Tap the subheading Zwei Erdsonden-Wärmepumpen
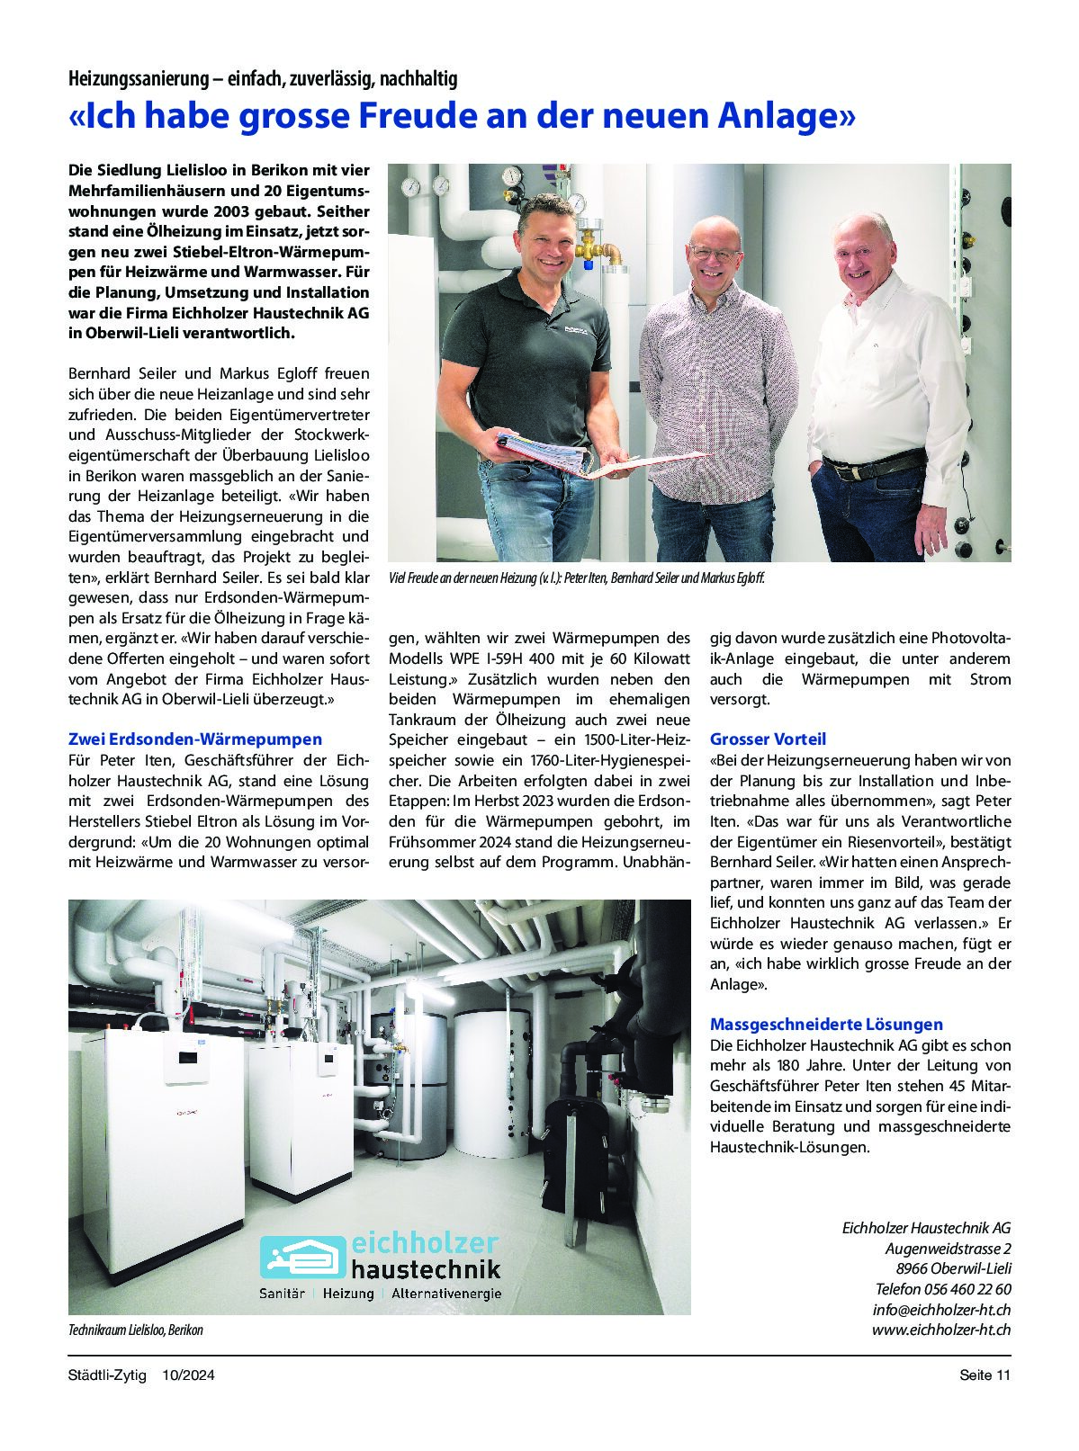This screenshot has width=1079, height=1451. tap(195, 739)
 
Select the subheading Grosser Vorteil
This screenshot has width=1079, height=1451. tap(768, 739)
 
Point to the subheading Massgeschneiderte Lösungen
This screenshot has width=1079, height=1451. tap(826, 1025)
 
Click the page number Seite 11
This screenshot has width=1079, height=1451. tap(985, 1375)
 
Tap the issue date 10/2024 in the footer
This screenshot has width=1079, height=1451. tap(188, 1375)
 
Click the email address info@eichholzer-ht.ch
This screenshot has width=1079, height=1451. tap(941, 1310)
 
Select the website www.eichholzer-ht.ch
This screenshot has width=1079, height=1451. tap(940, 1330)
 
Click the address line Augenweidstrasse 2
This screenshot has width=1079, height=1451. tap(948, 1249)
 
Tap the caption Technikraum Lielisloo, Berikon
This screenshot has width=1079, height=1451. tap(136, 1330)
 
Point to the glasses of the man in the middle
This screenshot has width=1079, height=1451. tap(715, 254)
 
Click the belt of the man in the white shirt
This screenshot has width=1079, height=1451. tap(873, 468)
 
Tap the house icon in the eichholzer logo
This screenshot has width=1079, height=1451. tap(302, 1257)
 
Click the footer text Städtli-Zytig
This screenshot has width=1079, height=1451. tap(107, 1375)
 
